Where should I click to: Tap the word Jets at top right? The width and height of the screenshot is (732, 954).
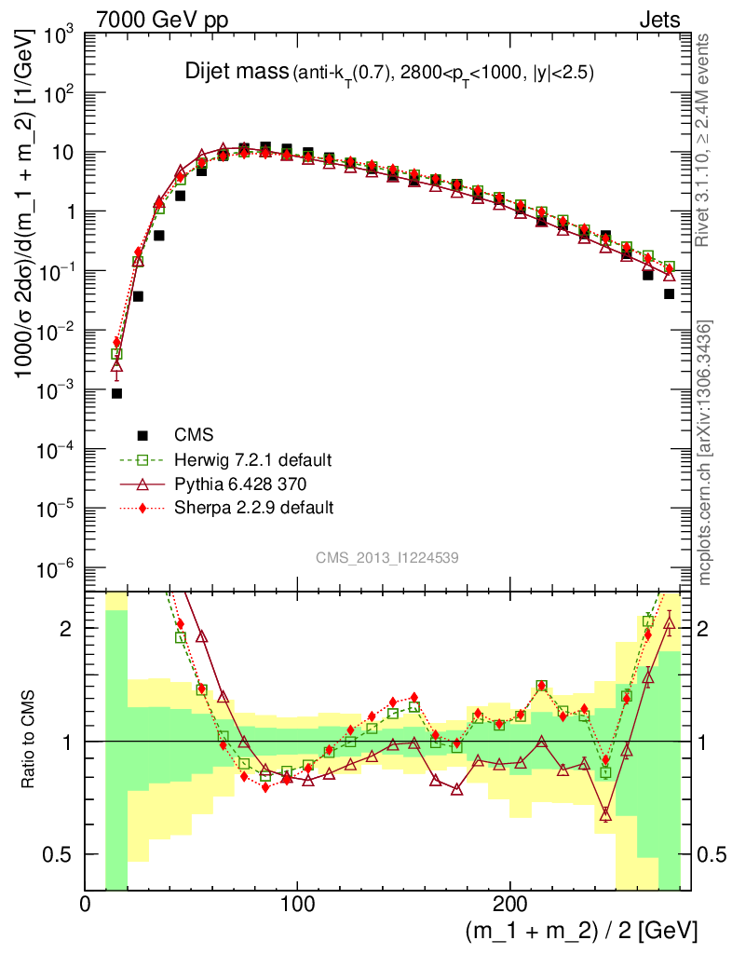658,20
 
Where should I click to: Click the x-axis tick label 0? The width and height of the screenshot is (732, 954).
86,904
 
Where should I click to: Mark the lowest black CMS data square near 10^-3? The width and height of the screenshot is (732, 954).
116,393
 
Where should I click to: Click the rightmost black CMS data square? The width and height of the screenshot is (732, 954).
669,293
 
